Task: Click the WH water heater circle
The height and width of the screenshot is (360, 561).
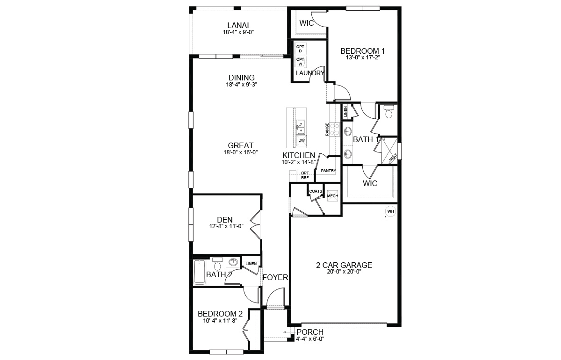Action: pos(390,212)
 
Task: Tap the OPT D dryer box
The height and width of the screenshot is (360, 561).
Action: pos(300,49)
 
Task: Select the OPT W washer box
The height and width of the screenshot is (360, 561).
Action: pos(300,62)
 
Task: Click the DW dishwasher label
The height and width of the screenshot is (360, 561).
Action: pos(302,140)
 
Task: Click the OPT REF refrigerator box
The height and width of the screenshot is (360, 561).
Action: pos(305,175)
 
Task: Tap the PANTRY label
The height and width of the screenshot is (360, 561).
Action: pos(329,171)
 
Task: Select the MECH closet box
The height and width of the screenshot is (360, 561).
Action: pos(332,196)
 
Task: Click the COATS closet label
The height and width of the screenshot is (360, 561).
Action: pos(316,191)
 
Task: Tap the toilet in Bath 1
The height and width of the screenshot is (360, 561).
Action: pos(389,112)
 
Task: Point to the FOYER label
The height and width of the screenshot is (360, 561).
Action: pos(275,277)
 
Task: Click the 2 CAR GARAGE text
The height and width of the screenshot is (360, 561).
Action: pos(344,265)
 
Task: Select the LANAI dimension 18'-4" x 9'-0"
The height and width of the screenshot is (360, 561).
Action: pos(238,33)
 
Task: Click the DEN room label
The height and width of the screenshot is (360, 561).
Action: pos(224,220)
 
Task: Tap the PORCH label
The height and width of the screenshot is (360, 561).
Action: pos(310,332)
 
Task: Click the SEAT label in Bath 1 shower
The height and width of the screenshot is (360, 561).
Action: pos(393,158)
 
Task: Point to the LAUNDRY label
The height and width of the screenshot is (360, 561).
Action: pos(309,73)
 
